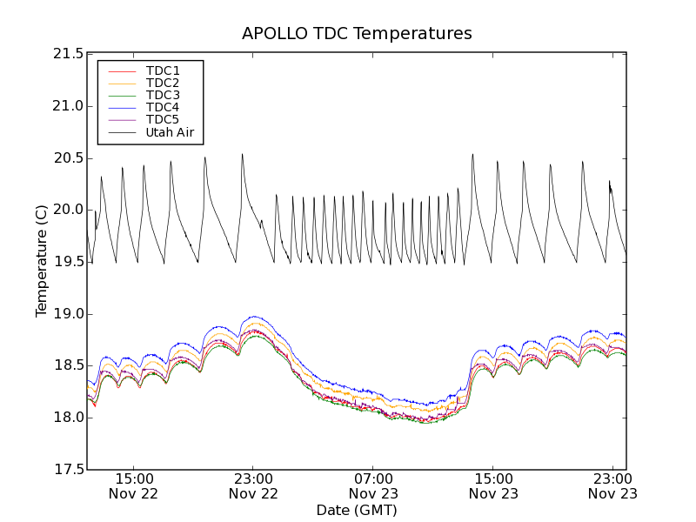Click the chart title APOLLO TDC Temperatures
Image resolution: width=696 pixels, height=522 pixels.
pos(357,34)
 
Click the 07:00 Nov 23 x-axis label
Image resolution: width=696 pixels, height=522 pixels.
pos(373,486)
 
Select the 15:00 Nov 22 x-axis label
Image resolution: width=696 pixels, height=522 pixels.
pos(133,486)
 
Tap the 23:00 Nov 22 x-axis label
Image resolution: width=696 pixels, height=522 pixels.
pos(253,486)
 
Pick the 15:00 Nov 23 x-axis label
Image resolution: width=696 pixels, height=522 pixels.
pos(493,486)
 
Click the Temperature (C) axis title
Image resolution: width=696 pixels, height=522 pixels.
pos(42,261)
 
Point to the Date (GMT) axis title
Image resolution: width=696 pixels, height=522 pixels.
pos(357,510)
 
